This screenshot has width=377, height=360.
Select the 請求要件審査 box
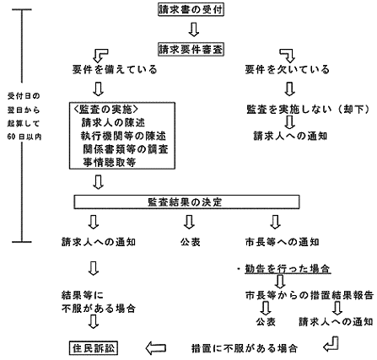(190, 50)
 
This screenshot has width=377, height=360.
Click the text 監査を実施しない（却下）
(297, 110)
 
